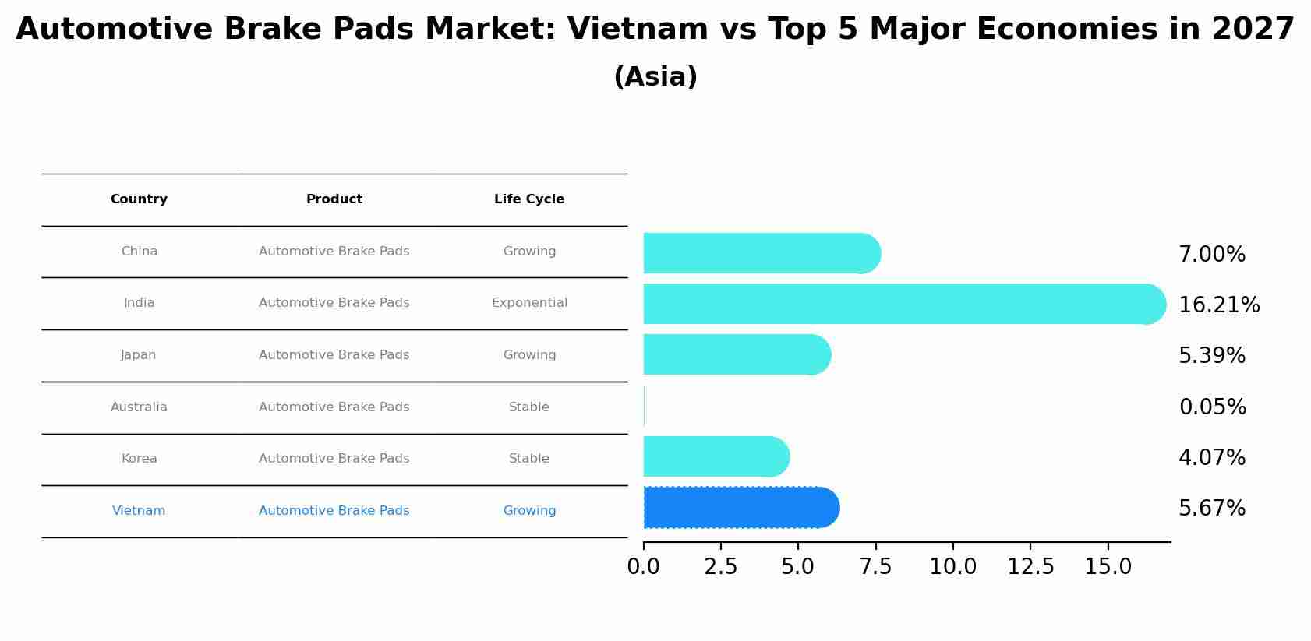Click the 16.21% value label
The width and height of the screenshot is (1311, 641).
pos(1219,305)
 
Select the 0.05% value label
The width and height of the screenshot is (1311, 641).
pos(1212,407)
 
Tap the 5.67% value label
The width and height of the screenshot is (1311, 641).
pos(1212,509)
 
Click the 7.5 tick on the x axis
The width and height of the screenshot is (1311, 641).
pos(875,567)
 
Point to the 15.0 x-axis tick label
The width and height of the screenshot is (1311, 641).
pos(1108,567)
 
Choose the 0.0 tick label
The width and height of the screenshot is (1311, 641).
pos(644,567)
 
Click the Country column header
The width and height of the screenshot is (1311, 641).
pos(139,199)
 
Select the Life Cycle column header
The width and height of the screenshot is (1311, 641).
pos(529,199)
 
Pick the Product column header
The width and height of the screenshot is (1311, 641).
pos(334,199)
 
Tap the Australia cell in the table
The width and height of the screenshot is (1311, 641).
pos(139,407)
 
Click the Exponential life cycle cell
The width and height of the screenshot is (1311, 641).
pos(529,303)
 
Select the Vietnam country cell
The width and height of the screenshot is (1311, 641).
pos(139,511)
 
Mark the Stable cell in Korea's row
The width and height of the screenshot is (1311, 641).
pos(529,459)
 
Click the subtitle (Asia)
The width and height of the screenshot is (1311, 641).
pos(655,77)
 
